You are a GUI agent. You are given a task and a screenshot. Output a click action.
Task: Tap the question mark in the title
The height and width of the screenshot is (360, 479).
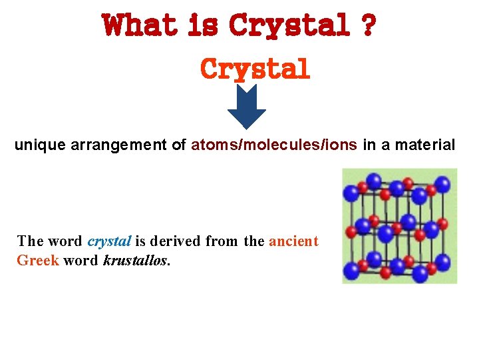(367, 27)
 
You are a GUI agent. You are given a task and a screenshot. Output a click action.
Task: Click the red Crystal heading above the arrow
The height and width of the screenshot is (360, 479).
(255, 69)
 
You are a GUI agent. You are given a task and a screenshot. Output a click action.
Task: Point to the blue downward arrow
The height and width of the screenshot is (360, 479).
(246, 107)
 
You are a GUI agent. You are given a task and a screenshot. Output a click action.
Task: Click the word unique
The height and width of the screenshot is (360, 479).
(37, 144)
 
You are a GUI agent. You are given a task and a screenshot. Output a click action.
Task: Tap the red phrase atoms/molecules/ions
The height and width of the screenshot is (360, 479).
(274, 144)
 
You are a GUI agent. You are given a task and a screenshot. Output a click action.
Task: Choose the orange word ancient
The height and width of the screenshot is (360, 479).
(293, 241)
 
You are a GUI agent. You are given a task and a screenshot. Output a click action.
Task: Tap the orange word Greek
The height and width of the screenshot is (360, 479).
(38, 259)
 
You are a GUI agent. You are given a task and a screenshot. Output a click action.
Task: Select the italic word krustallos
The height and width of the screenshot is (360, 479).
(136, 259)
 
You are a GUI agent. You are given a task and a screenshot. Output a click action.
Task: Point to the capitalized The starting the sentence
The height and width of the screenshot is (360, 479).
(30, 241)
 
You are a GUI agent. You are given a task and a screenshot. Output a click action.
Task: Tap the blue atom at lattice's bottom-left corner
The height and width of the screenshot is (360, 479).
(351, 270)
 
